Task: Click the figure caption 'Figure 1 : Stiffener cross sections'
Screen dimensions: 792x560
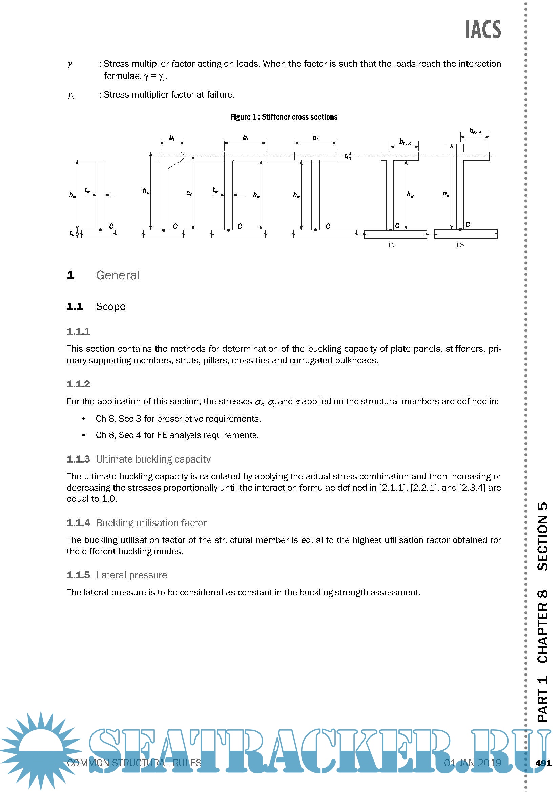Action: pos(284,117)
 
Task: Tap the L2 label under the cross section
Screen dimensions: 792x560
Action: pos(392,245)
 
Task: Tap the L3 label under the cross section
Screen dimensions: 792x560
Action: pos(460,245)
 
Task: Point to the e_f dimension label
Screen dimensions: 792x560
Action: pos(189,193)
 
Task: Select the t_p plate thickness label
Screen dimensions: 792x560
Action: pos(72,233)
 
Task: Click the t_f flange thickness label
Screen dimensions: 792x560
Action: pos(346,156)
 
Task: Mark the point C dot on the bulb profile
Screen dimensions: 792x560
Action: pos(164,230)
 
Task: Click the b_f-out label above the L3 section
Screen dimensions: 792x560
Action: pos(475,131)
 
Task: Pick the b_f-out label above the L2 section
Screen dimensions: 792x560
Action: pos(405,142)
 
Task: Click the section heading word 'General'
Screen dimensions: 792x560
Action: pos(118,275)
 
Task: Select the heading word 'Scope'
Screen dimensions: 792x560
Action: pos(110,307)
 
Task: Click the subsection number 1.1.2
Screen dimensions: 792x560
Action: pos(78,384)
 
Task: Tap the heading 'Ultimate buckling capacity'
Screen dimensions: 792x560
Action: pos(153,459)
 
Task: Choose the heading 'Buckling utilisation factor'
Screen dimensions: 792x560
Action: pos(151,523)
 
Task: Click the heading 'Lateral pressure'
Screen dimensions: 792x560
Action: pos(131,575)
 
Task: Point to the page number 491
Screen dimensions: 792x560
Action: pos(543,763)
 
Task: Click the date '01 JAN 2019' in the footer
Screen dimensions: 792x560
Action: pos(472,763)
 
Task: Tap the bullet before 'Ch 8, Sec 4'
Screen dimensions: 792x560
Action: pos(83,435)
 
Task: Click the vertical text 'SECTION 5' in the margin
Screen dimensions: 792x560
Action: pos(542,536)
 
